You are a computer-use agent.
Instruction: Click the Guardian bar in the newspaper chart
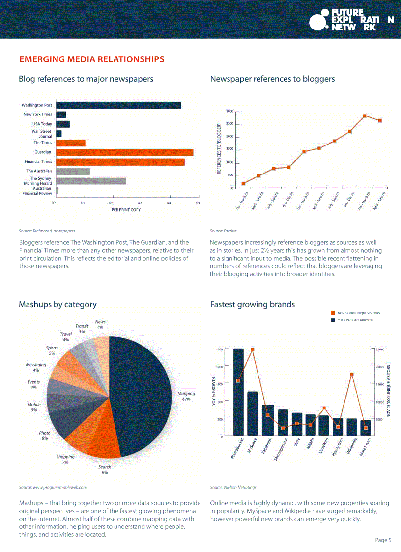point(125,152)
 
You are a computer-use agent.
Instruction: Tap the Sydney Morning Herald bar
point(91,181)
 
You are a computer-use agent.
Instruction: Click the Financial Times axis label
point(38,162)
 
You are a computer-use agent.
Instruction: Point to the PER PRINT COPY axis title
point(126,210)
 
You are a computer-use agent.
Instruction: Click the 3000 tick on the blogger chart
point(229,111)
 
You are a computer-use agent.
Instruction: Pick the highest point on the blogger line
point(365,116)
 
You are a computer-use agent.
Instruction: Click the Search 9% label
point(105,470)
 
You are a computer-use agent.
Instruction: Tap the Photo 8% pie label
point(45,436)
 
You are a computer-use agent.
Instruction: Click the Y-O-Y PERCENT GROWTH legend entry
point(355,320)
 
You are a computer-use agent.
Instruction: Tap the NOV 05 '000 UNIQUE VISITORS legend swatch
point(332,313)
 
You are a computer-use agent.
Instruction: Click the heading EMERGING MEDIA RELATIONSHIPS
point(91,59)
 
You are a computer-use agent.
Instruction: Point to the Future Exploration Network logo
point(351,20)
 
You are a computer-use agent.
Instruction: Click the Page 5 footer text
point(383,540)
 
